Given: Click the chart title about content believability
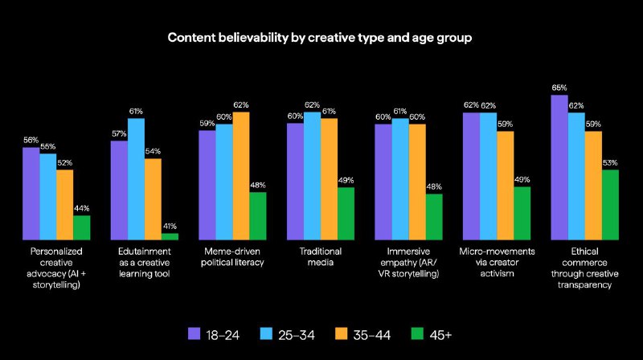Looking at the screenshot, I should pos(321,37).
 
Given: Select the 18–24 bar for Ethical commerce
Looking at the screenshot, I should pos(559,166).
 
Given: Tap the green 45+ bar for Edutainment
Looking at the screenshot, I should pos(170,236).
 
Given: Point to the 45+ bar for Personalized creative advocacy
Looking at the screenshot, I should pos(82,227).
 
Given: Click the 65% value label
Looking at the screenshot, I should pos(559,88).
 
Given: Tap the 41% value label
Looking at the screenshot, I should pos(170,226).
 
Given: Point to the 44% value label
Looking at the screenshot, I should pos(82,208).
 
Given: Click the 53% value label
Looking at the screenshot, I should pos(611,162).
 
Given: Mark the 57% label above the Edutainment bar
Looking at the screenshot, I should pos(118,133).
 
